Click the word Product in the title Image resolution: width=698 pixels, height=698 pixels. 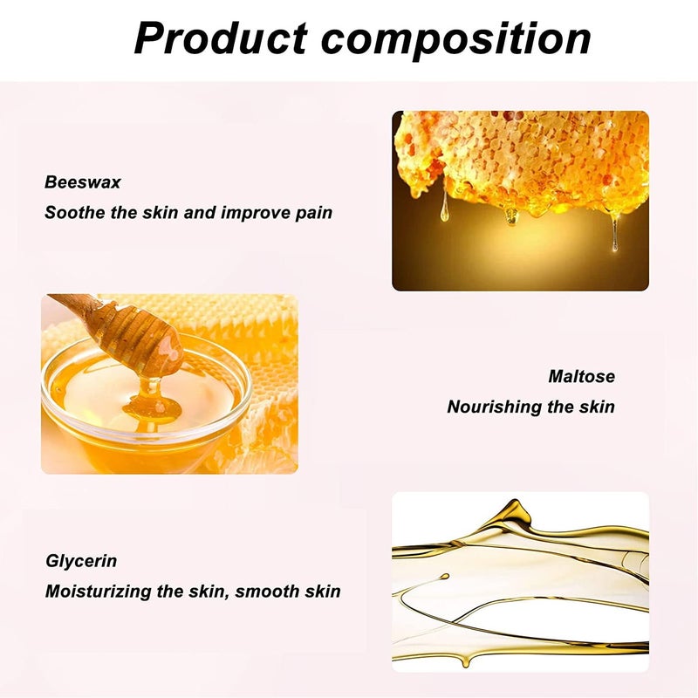[221, 38]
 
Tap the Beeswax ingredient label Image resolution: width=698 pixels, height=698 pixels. [82, 182]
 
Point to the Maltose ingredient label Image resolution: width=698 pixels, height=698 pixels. [581, 377]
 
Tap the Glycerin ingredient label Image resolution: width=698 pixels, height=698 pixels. [81, 561]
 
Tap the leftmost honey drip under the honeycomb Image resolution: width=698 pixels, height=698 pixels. [444, 206]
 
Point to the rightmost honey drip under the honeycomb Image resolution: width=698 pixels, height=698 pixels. [615, 232]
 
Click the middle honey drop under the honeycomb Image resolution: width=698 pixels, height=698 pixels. [511, 216]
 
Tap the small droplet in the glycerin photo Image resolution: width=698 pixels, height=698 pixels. [443, 577]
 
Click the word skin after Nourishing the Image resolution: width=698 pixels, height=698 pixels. [597, 407]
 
